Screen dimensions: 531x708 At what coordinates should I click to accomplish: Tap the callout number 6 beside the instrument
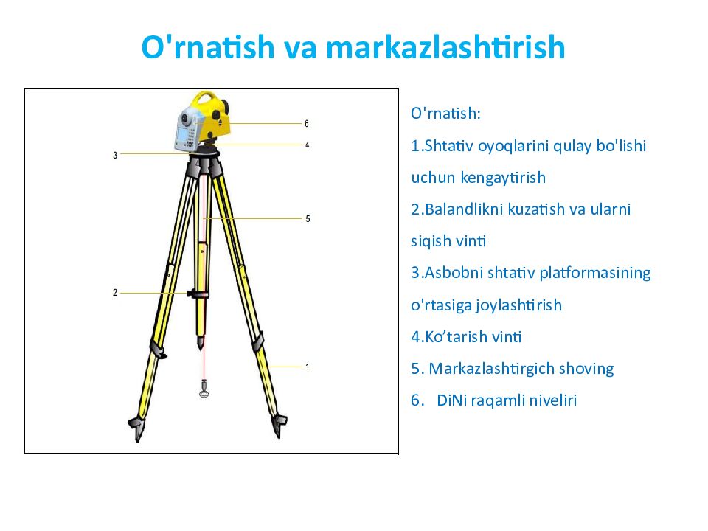[x=306, y=123]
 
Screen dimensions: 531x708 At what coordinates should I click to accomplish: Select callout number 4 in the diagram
[x=307, y=145]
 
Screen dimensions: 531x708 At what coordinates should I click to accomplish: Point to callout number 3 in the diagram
[x=115, y=156]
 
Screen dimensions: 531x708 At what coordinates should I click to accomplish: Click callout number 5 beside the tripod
[x=308, y=219]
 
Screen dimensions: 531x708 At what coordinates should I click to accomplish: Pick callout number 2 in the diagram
[x=115, y=293]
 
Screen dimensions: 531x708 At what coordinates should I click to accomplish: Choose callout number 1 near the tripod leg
[x=307, y=367]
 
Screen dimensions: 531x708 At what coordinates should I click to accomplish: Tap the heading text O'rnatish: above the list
[x=445, y=114]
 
